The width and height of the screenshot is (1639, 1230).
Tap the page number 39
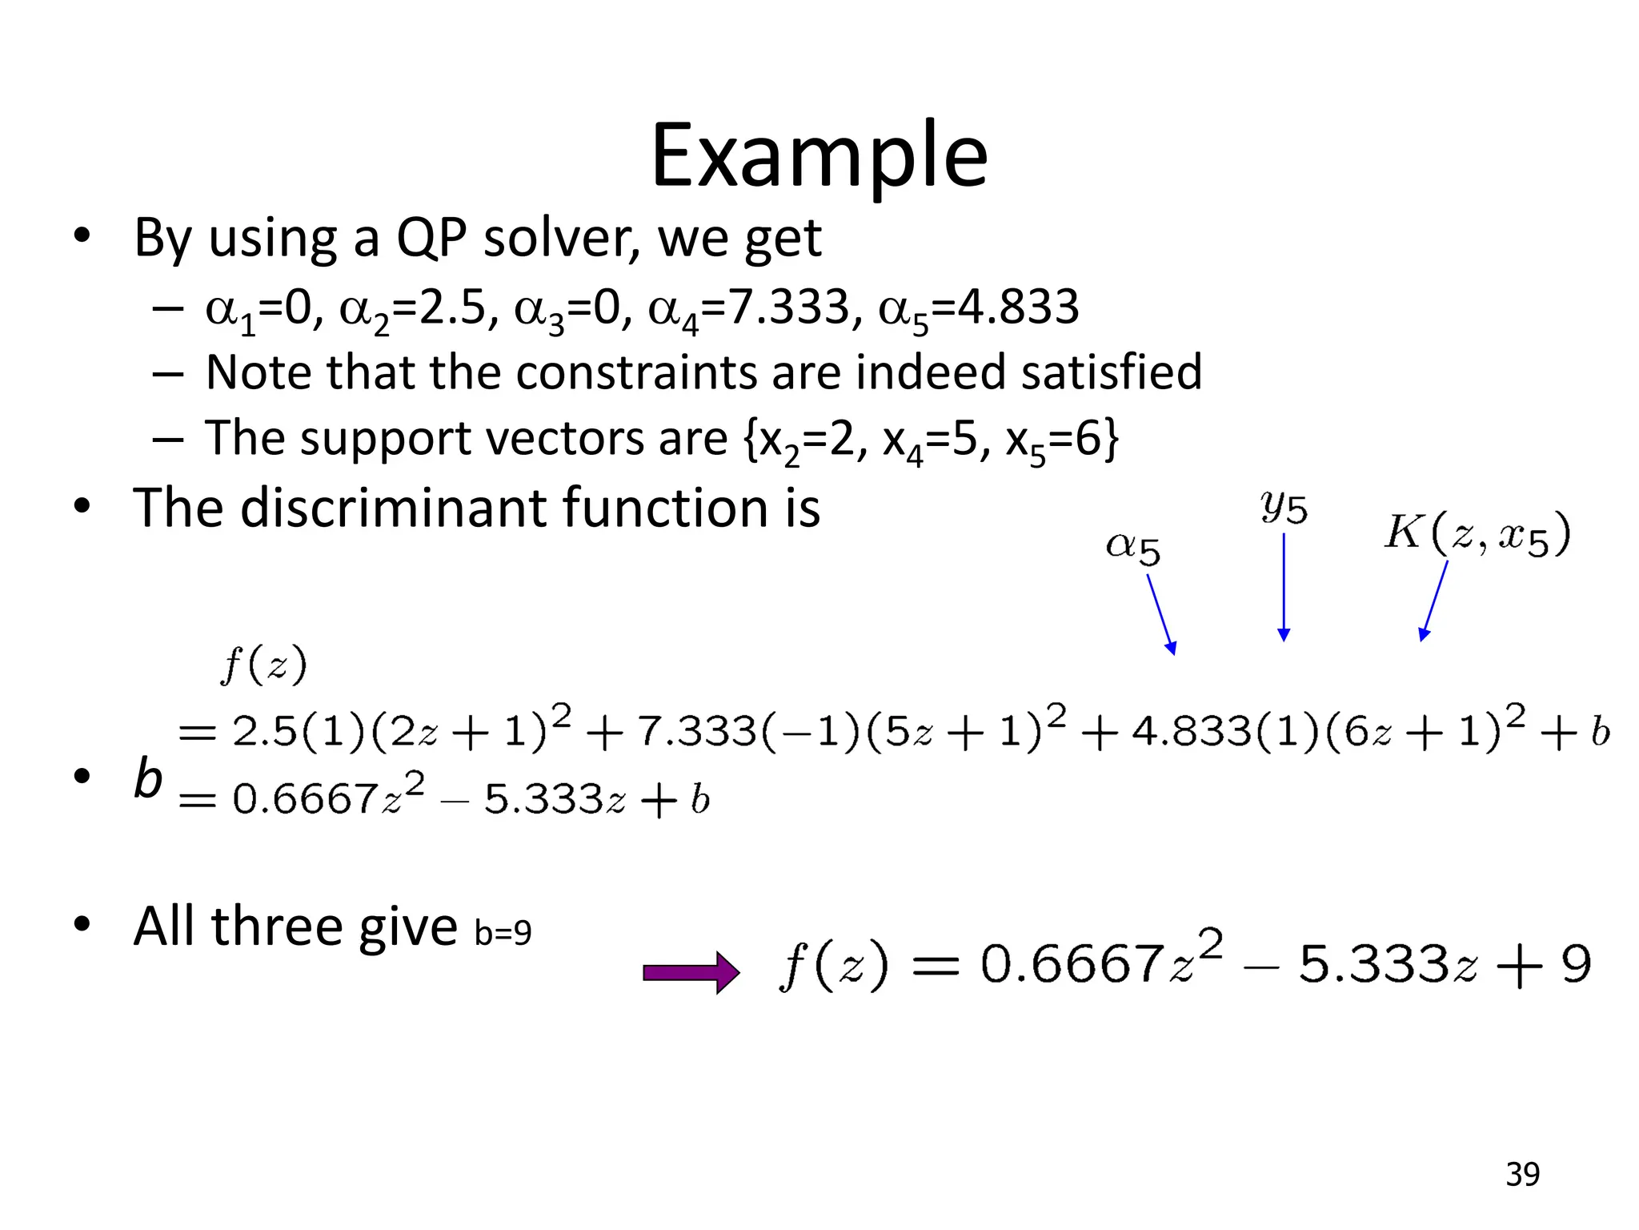coord(1522,1174)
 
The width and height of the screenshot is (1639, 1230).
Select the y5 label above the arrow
coord(1284,506)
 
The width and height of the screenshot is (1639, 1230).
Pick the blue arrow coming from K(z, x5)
coord(1433,601)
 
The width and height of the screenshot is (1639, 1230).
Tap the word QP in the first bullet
coord(431,238)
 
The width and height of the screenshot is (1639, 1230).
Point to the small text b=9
coord(503,933)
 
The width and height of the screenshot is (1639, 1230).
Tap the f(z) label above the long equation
coord(263,665)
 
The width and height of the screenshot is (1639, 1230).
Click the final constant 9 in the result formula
coord(1575,964)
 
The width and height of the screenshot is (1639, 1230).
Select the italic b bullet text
coord(147,778)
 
